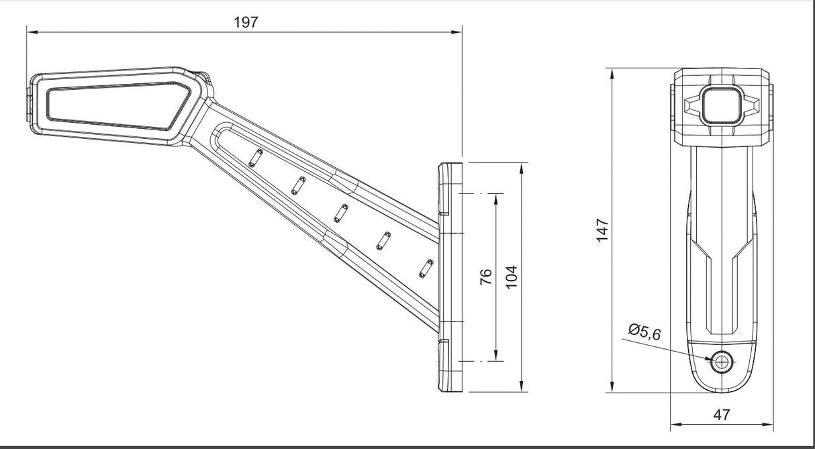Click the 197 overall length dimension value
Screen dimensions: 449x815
(245, 22)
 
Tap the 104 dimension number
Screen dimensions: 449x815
(512, 276)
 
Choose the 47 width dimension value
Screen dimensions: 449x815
(721, 415)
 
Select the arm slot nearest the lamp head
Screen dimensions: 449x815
(254, 158)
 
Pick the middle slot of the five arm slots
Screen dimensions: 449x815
(340, 213)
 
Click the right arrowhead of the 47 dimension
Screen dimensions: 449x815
(768, 424)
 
